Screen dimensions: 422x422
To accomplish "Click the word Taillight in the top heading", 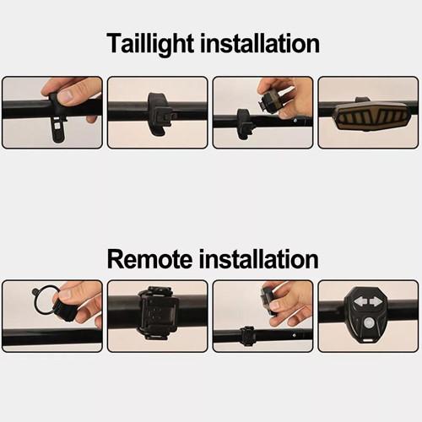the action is [150, 44].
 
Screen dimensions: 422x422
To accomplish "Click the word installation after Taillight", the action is [260, 43].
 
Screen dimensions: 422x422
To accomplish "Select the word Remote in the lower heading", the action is [149, 259].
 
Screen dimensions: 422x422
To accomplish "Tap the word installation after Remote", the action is [258, 259].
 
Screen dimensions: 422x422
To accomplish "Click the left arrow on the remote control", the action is [360, 302].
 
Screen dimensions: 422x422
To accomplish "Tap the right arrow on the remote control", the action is [376, 302].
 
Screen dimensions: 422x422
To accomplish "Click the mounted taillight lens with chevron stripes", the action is [370, 116].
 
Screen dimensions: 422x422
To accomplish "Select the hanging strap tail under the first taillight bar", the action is [58, 130].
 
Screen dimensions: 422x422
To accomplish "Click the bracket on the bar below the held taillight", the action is [244, 124].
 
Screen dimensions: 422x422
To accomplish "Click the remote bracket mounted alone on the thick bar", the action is [158, 313].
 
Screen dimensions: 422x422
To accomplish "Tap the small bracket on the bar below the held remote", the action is [247, 336].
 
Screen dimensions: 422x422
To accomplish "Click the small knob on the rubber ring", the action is [35, 290].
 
